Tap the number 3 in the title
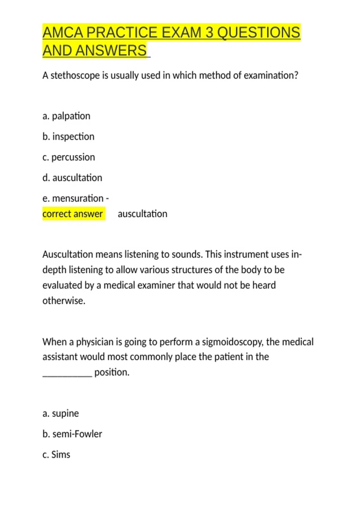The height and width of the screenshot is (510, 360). tap(209, 32)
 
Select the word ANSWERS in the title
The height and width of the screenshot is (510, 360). tap(111, 50)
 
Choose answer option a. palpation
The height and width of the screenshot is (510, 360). tap(66, 116)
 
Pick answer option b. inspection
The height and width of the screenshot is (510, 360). tap(68, 137)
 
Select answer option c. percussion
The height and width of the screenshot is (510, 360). tap(69, 157)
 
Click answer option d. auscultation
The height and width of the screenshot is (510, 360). tap(72, 178)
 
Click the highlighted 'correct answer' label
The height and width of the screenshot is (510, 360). tap(73, 214)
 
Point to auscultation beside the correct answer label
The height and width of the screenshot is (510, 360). tap(142, 214)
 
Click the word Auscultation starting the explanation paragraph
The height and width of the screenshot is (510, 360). tap(68, 254)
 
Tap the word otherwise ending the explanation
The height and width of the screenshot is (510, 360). tap(64, 301)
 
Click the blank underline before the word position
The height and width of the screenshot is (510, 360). tap(67, 373)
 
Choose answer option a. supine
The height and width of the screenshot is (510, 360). tap(61, 413)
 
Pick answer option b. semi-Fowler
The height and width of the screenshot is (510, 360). tap(72, 434)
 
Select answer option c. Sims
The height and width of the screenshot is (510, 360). tap(56, 454)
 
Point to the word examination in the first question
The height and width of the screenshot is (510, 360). tap(271, 75)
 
